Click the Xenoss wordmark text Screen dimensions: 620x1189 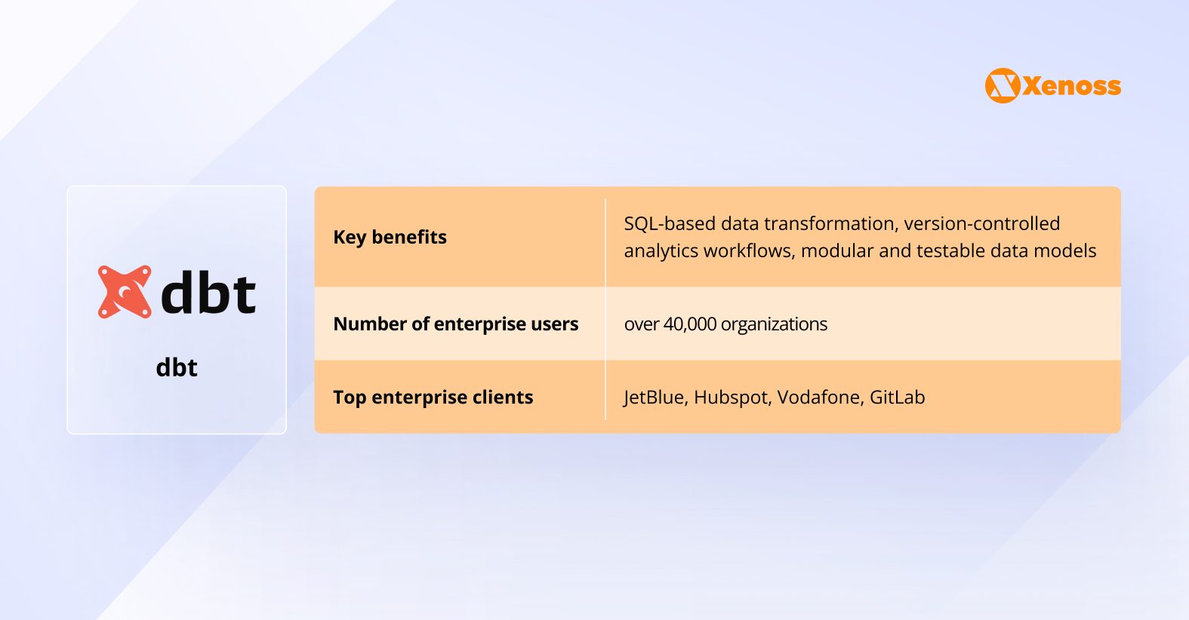[1072, 86]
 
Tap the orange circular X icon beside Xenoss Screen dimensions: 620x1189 [1003, 86]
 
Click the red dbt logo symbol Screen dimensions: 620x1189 [125, 292]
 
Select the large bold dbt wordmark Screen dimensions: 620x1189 [208, 293]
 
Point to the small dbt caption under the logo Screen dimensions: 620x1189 [177, 367]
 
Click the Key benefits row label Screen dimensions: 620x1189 [390, 237]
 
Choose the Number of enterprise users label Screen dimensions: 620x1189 [455, 324]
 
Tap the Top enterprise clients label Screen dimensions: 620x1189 [433, 397]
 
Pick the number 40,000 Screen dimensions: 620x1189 [689, 324]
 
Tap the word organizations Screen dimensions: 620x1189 [774, 324]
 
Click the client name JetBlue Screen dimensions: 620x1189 [654, 397]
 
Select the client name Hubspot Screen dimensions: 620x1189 [731, 397]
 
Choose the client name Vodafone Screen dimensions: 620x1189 [820, 397]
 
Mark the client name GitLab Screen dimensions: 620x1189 [897, 397]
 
